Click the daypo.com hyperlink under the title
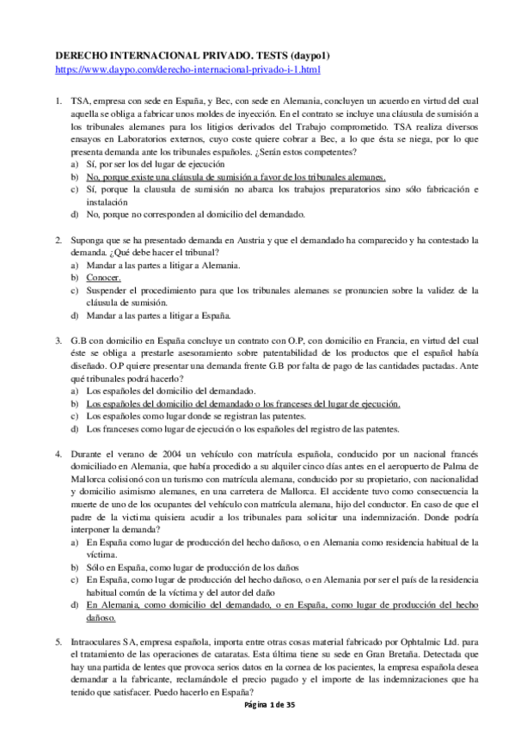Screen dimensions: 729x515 [187, 68]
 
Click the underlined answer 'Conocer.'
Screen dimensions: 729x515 [103, 278]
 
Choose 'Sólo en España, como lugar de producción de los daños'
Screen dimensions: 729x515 [204, 567]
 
